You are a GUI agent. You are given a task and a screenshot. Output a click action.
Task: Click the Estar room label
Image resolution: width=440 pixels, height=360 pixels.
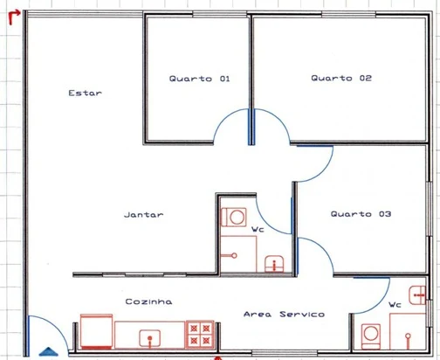(85, 93)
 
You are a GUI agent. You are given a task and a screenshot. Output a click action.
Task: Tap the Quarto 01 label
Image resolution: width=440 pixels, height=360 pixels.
(199, 79)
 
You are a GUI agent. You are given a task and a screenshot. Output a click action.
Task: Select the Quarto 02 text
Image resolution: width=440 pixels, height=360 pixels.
(341, 78)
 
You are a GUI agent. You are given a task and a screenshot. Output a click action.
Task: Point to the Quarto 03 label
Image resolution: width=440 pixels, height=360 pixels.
(361, 214)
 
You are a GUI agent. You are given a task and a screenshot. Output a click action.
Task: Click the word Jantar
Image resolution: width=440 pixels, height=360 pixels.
(144, 215)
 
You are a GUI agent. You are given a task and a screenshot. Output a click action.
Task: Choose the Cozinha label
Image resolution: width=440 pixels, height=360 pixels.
(148, 301)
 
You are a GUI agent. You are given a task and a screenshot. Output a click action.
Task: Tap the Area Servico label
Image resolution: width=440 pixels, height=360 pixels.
(284, 315)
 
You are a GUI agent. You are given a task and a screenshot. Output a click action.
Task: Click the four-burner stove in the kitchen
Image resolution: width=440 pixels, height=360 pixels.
(200, 335)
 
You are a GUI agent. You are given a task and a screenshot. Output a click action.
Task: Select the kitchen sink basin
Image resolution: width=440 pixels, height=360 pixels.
(149, 338)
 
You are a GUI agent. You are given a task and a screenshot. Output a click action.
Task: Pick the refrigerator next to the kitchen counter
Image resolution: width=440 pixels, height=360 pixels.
(96, 331)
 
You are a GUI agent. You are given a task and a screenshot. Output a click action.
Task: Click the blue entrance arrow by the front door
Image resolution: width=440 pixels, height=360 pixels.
(48, 352)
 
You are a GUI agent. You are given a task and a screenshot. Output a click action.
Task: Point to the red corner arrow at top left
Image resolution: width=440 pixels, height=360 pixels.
(14, 17)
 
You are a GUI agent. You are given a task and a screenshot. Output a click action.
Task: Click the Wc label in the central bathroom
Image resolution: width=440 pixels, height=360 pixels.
(258, 230)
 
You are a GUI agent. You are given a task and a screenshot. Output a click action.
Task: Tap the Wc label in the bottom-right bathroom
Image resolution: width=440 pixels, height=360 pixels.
(395, 305)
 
